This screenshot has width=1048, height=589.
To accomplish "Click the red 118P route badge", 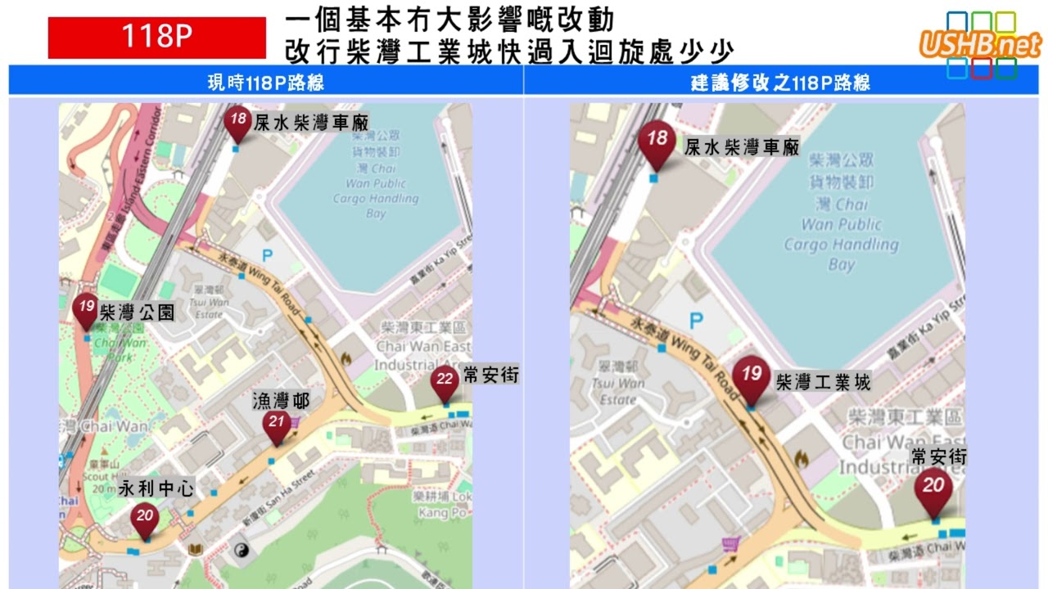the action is pos(157,38).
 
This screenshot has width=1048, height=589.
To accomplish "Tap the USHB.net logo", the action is pos(980,44).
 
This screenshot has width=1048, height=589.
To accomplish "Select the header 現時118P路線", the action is pos(266,83).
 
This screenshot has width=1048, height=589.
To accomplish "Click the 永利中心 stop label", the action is pos(156,488).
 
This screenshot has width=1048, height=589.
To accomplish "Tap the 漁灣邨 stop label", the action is pos(281,401).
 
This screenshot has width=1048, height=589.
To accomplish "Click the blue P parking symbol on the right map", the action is pos(697,321).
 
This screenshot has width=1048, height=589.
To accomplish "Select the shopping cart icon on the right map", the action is pos(730,545).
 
